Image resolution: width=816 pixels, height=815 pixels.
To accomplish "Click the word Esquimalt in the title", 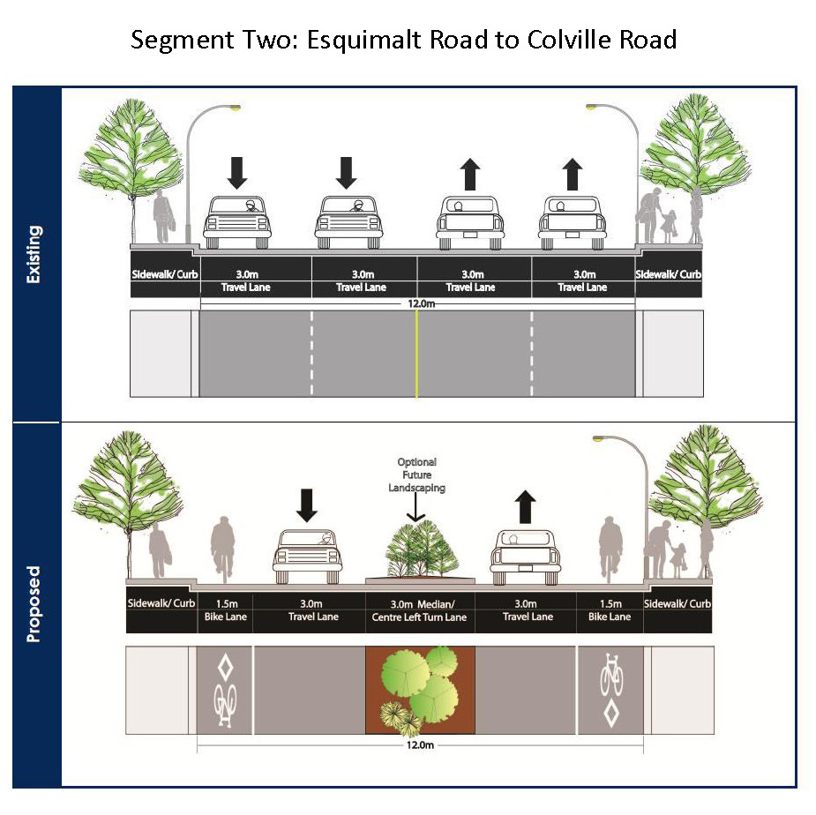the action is click(364, 41).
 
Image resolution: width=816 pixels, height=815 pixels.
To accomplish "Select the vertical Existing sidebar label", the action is click(34, 254).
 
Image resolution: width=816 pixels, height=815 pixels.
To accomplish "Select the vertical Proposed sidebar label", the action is click(34, 603).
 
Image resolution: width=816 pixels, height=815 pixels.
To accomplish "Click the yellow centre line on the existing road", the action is click(416, 354).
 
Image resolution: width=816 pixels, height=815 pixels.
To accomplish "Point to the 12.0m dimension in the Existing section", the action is click(421, 303).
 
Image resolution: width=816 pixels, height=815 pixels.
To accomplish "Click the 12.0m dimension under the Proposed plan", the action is click(420, 744).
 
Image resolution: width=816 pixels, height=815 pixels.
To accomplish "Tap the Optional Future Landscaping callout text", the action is click(417, 475).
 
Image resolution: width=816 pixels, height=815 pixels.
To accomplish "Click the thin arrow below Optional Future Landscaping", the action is click(415, 507).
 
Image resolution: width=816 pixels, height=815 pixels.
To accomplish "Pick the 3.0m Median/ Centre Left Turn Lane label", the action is click(419, 610).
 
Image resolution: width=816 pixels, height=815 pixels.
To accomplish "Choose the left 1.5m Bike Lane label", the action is click(225, 610).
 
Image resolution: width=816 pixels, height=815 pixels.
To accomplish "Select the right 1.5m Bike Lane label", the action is click(610, 610).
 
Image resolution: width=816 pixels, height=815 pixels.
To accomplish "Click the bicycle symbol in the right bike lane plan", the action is click(611, 675).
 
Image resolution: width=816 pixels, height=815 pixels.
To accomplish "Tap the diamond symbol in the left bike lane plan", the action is click(225, 668).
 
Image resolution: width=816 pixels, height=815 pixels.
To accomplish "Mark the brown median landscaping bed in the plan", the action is click(420, 690).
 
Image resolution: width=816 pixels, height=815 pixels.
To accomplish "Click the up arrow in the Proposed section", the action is click(525, 506).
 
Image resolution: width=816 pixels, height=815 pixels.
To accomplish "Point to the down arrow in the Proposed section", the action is click(306, 505).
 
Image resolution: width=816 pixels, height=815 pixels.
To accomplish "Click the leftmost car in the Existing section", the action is click(237, 222).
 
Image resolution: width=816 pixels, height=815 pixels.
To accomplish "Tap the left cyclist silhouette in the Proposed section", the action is click(222, 549).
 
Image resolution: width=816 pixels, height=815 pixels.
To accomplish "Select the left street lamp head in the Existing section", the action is click(235, 108).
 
